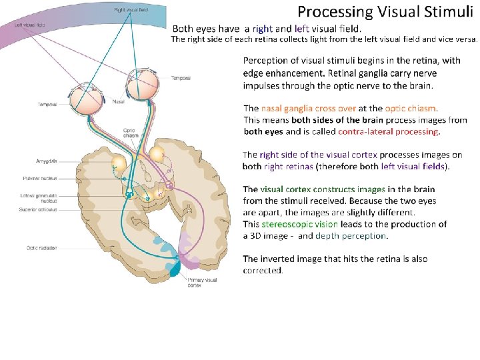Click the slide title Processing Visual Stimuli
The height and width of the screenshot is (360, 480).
coord(386,11)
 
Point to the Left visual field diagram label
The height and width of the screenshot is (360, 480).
coord(29,25)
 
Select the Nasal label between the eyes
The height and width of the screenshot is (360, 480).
coord(118,101)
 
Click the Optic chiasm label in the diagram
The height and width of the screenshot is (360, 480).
coord(131,133)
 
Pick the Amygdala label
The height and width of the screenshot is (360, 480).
coord(47,161)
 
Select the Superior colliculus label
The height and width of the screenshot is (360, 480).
coord(39,210)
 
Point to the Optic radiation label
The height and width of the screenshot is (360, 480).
coord(41,248)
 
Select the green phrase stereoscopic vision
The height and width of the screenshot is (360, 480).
coord(300,224)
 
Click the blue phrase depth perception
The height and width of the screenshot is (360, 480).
coord(351,235)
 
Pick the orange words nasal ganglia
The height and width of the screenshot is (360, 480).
coord(289,108)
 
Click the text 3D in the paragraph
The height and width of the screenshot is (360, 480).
coord(257,235)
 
